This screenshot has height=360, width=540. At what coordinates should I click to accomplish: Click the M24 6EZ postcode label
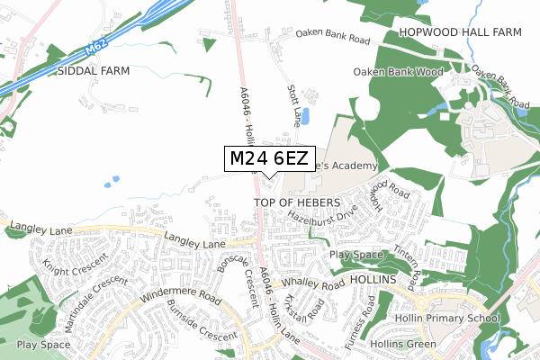(269, 159)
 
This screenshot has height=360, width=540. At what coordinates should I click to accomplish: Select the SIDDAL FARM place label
(94, 70)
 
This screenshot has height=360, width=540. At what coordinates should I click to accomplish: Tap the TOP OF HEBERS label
(296, 202)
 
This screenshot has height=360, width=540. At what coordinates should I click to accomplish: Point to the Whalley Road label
(312, 283)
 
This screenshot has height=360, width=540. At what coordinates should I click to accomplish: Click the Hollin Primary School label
(447, 318)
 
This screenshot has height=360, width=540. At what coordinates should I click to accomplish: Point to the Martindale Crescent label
(94, 293)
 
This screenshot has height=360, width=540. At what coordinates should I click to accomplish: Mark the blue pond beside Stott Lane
(303, 116)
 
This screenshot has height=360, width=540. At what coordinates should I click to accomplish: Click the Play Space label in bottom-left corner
(43, 344)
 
